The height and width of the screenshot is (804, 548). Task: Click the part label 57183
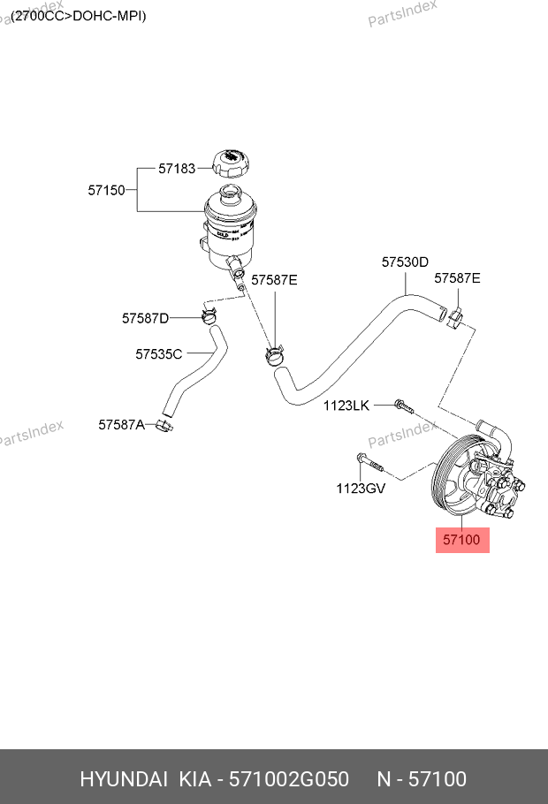click(x=176, y=168)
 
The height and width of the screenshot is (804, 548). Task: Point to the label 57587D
click(x=145, y=318)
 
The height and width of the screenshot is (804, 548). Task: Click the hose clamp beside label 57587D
click(x=209, y=314)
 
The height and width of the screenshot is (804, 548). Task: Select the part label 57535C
click(x=158, y=354)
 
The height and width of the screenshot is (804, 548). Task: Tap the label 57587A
click(x=121, y=425)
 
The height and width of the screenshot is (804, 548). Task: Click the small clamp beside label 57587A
click(x=164, y=426)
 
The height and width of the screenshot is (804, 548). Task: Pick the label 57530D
click(x=405, y=262)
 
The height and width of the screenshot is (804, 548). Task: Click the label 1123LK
click(x=346, y=406)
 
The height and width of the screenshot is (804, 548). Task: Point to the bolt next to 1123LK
click(x=403, y=406)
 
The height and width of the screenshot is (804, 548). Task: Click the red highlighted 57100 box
click(x=462, y=538)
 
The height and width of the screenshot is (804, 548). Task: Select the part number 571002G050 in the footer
click(x=289, y=779)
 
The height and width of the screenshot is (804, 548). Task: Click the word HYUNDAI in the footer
click(x=124, y=779)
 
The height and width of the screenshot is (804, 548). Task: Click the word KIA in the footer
click(x=194, y=779)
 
